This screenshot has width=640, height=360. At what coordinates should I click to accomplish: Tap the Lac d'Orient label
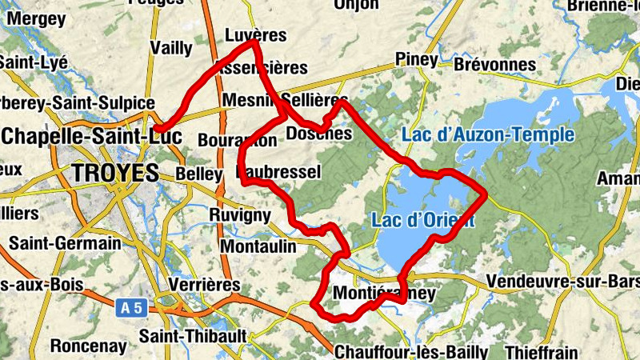tap(422, 219)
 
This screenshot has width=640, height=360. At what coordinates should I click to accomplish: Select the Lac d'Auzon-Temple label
tap(487, 134)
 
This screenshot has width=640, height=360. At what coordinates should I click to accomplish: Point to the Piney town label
tap(417, 60)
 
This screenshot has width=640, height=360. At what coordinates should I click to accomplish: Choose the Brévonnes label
tap(494, 65)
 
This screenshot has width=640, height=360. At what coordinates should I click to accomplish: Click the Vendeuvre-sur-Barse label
tap(562, 282)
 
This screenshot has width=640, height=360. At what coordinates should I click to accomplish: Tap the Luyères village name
tap(256, 36)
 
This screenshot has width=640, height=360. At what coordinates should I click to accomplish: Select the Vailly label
tap(171, 48)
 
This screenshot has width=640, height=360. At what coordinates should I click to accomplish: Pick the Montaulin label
tap(257, 246)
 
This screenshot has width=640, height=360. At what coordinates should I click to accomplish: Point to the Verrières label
tap(206, 284)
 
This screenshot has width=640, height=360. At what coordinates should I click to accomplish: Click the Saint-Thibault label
tap(193, 334)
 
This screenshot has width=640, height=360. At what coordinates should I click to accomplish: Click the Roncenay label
tap(89, 346)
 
